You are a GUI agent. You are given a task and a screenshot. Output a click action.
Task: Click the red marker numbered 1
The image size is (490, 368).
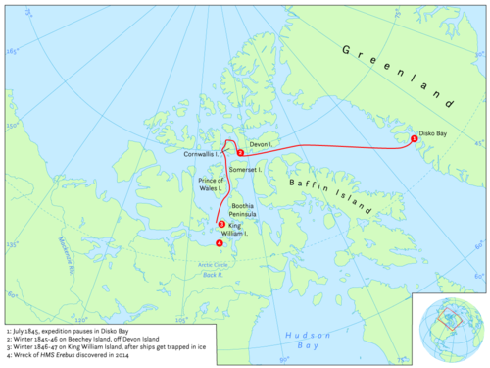[415, 139]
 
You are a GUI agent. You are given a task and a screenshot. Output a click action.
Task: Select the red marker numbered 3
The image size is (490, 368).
[222, 225]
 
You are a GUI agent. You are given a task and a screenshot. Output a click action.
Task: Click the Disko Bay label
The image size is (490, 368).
[434, 131]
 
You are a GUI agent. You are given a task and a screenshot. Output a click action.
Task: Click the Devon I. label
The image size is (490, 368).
[261, 145]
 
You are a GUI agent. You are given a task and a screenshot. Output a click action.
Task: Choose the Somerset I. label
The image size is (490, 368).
[244, 170]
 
